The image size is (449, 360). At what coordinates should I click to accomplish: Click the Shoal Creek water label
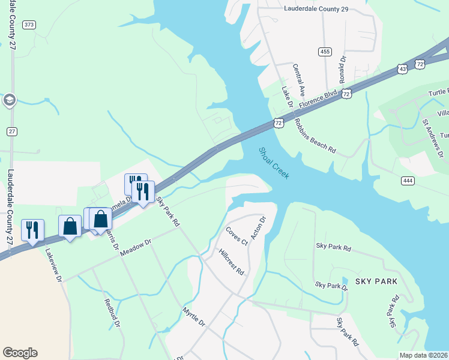274,163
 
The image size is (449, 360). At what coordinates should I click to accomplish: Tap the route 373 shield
29,25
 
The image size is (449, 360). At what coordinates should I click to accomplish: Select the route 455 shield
325,52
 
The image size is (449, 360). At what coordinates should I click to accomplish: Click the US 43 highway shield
402,70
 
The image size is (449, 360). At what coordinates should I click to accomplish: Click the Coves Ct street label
237,236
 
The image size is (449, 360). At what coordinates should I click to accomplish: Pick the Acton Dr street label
258,228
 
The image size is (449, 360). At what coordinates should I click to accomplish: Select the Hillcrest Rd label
232,262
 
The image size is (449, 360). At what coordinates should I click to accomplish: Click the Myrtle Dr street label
194,318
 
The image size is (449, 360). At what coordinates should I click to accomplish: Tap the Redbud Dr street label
112,313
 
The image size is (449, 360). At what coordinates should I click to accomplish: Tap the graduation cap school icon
9,100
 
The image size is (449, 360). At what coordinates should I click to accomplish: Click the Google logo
20,353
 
